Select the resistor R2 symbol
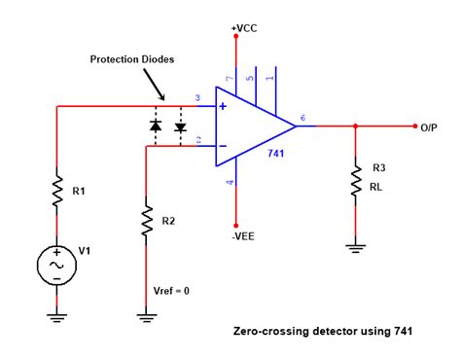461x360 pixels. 145,222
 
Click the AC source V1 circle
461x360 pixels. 57,265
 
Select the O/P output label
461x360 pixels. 434,127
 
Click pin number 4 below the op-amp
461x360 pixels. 229,182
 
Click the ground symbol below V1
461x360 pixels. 57,313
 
